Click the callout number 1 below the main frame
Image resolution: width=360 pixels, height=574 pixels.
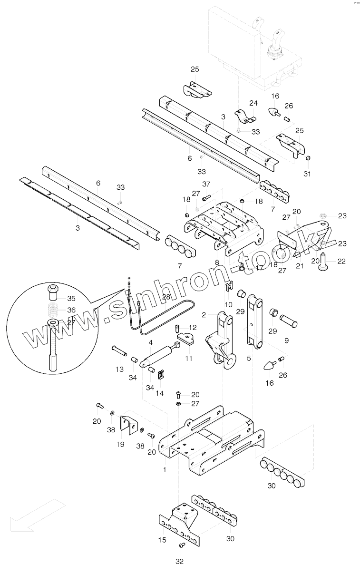[x=165, y=469]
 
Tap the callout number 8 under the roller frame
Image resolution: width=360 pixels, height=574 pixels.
[x=217, y=262]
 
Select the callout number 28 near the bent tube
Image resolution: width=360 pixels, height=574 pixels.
[x=165, y=297]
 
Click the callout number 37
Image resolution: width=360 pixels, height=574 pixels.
[x=206, y=184]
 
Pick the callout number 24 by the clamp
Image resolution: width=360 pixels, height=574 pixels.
[x=253, y=103]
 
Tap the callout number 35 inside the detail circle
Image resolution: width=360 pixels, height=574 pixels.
[x=71, y=299]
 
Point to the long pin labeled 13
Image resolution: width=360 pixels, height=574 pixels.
[x=118, y=352]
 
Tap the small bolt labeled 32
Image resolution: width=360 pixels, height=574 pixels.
[x=181, y=545]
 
